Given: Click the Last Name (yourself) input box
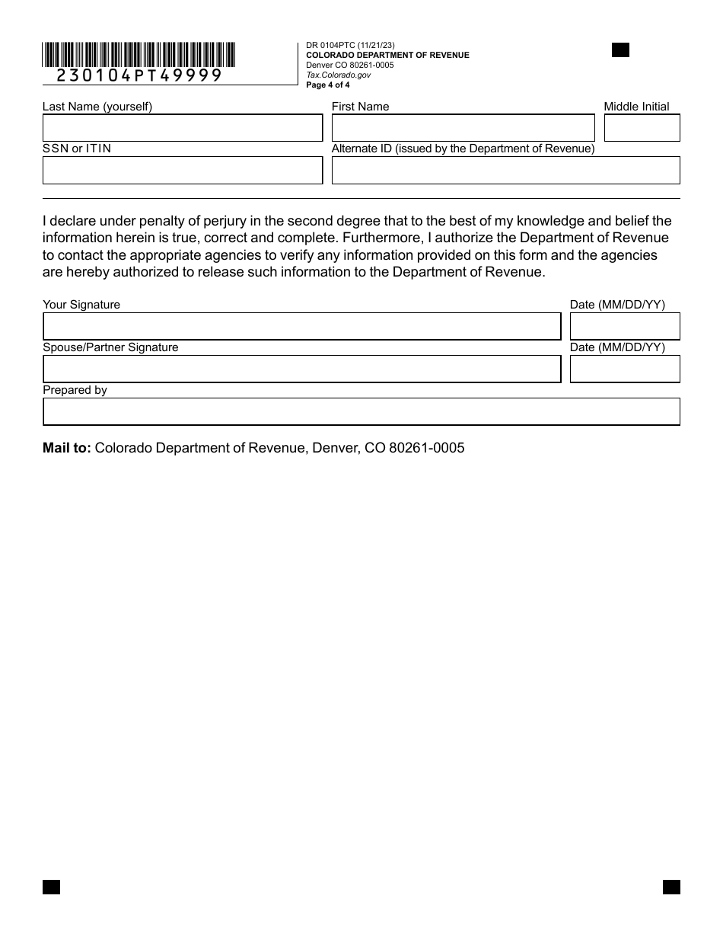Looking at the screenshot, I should pyautogui.click(x=183, y=128).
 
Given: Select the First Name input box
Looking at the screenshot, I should pyautogui.click(x=463, y=128).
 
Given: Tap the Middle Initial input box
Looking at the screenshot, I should pyautogui.click(x=642, y=128).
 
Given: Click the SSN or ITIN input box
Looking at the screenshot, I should pyautogui.click(x=183, y=171).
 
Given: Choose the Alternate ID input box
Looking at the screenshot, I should pyautogui.click(x=505, y=171).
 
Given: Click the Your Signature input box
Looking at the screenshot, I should pyautogui.click(x=301, y=326).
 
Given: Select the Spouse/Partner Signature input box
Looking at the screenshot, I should pyautogui.click(x=301, y=369).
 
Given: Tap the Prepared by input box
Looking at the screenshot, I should pyautogui.click(x=361, y=411).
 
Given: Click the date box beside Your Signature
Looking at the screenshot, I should pyautogui.click(x=624, y=326).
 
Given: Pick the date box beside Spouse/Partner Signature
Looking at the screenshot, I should pyautogui.click(x=624, y=369).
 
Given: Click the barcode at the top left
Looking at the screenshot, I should pyautogui.click(x=139, y=54).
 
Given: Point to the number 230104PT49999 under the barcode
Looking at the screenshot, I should pyautogui.click(x=139, y=75).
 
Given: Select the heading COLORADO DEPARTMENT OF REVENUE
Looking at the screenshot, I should pyautogui.click(x=387, y=56).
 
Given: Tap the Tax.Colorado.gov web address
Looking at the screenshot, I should pyautogui.click(x=338, y=75).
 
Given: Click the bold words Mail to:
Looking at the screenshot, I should pyautogui.click(x=66, y=448).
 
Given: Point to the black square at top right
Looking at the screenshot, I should pyautogui.click(x=620, y=50).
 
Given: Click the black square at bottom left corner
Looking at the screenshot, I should pyautogui.click(x=51, y=887).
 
